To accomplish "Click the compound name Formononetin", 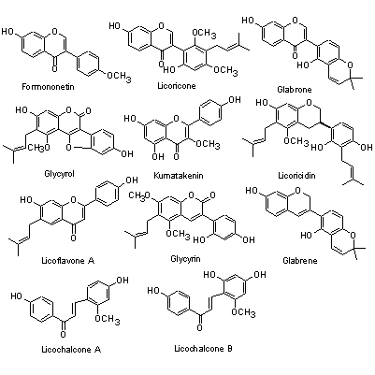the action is click(48, 86).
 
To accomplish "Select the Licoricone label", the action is click(177, 85).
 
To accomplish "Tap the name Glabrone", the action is click(295, 90).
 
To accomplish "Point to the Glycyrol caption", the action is click(60, 174).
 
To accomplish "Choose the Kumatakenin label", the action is click(179, 176).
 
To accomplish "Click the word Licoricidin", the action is click(296, 176).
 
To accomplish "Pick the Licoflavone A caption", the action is click(68, 260).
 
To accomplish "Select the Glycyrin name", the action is click(185, 259).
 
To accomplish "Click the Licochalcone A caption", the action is click(71, 350).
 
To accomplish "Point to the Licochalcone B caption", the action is click(203, 348).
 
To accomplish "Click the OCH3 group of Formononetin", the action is click(119, 76).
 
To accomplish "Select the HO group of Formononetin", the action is click(8, 32).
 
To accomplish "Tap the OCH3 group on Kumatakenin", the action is click(208, 144).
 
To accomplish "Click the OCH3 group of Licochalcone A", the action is click(108, 319).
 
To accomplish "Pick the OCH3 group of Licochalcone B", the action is click(243, 311).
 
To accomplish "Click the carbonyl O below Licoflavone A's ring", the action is click(73, 238).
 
